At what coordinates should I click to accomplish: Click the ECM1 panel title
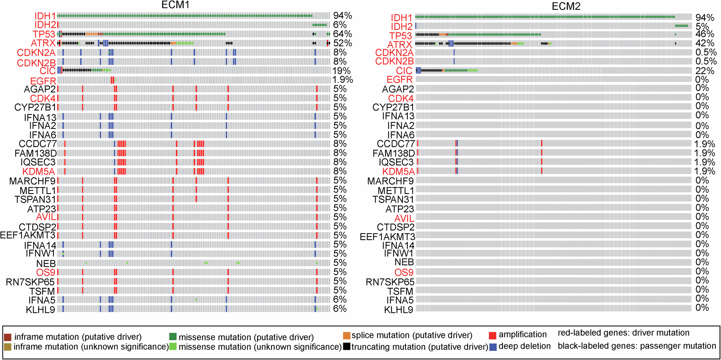point(175,5)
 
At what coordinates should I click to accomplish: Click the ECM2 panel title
point(566,6)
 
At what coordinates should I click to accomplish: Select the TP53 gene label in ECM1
point(44,34)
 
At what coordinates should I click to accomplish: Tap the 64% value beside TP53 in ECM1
point(342,34)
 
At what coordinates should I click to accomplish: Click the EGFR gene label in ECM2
point(399,80)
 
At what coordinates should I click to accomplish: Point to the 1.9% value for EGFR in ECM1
point(342,80)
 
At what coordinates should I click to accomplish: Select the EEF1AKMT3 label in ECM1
point(28,236)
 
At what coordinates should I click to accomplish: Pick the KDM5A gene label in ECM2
point(398,172)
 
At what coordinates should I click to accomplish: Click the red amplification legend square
point(492,335)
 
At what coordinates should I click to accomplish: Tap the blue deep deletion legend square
point(492,347)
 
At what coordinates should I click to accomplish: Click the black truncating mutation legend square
point(346,347)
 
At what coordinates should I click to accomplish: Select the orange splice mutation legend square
point(346,336)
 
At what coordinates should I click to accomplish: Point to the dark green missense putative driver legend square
point(173,337)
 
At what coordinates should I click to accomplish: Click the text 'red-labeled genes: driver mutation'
point(623,333)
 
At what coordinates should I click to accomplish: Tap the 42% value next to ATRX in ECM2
point(705,43)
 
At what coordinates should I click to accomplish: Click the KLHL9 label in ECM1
point(40,310)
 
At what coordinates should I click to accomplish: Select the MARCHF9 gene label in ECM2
point(390,181)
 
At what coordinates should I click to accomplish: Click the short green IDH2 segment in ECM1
point(319,25)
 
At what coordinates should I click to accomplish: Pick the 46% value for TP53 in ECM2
point(705,34)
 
